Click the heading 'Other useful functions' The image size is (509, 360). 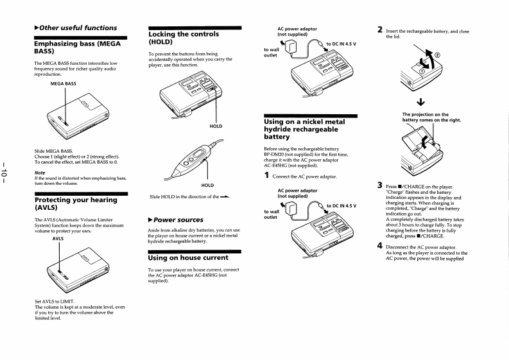(78, 28)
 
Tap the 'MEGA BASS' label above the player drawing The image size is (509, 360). (62, 83)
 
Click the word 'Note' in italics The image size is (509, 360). (40, 171)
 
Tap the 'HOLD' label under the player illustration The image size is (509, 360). (216, 126)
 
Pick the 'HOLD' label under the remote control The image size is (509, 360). (207, 185)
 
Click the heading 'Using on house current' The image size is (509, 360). (188, 257)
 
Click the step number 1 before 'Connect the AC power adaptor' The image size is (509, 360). (267, 176)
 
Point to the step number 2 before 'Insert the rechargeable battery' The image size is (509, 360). (380, 30)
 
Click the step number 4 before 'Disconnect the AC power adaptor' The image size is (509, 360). (380, 245)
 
